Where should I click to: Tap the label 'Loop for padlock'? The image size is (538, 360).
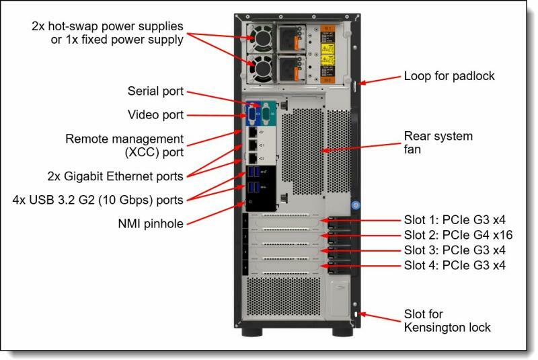tap(449, 76)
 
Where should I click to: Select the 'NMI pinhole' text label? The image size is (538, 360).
tap(151, 224)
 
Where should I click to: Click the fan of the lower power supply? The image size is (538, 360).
tap(260, 68)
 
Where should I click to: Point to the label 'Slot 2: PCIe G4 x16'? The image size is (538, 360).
tap(458, 235)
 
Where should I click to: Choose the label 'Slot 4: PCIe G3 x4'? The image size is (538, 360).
tap(455, 265)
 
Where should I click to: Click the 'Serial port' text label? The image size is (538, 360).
tap(155, 92)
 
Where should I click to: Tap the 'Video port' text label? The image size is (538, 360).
tap(155, 115)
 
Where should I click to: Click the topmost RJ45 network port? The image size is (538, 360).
tap(253, 132)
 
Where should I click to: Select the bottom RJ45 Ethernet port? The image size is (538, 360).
tap(253, 158)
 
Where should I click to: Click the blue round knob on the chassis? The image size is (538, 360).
tap(356, 205)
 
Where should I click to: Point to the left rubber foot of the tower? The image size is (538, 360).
tap(252, 332)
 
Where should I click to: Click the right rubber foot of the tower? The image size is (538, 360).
tap(342, 332)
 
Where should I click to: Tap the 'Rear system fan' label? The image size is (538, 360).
tap(438, 143)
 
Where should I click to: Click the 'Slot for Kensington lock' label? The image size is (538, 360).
tap(447, 321)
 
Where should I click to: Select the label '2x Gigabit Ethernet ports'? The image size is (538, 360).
tap(115, 176)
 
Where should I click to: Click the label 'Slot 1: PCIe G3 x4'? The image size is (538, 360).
tap(455, 219)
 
